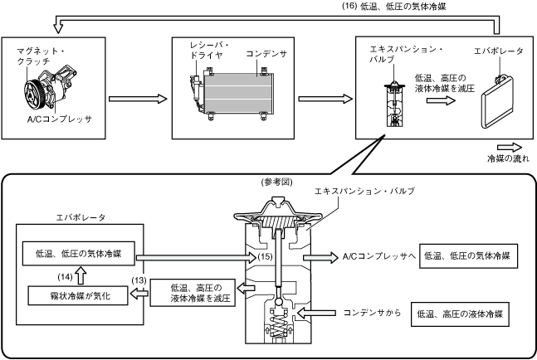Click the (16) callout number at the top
coord(349,7)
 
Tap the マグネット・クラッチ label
coord(41,56)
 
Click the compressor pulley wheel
coord(33,92)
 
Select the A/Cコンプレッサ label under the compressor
coord(60,119)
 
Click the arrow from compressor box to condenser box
coord(138,99)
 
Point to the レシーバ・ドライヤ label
coord(209,50)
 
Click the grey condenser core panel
coord(238,93)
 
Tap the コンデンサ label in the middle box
coord(266,54)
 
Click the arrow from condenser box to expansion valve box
coord(325,99)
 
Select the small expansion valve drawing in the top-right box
coord(394,104)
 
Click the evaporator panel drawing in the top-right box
coord(498,102)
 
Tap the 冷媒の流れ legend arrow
coord(510,147)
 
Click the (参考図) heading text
coord(276,182)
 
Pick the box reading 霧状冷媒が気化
coord(78,295)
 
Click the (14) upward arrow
coord(81,276)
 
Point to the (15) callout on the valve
coord(265,256)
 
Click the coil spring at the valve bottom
coord(278,327)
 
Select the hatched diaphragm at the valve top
coord(277,221)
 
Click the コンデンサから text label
coord(372,313)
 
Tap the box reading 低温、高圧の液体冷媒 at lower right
coord(460,314)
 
